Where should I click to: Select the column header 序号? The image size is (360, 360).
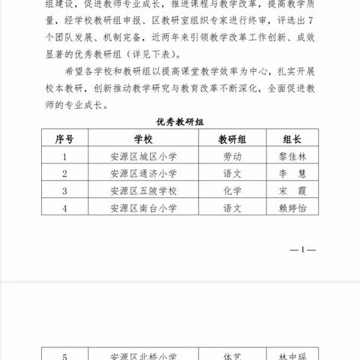pyautogui.click(x=64, y=139)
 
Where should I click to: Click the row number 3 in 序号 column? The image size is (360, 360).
pyautogui.click(x=64, y=190)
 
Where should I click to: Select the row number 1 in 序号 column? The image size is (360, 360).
pyautogui.click(x=64, y=157)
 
